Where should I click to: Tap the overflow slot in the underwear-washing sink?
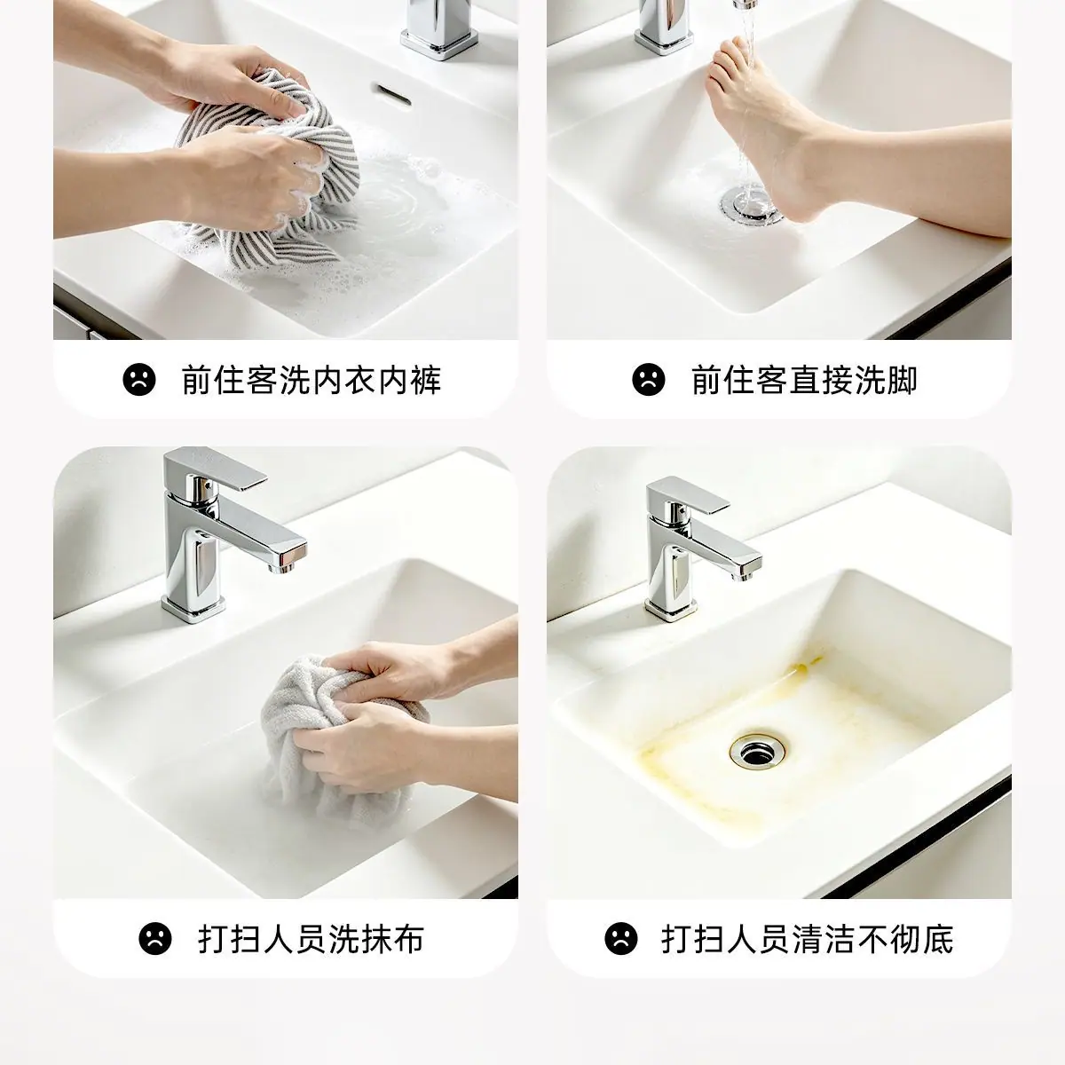coord(392,95)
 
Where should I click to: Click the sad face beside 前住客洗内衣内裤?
coord(139,379)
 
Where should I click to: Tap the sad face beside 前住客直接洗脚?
coord(648,379)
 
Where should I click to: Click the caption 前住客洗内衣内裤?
coord(312,380)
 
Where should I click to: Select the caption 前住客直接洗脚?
coord(804,380)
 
